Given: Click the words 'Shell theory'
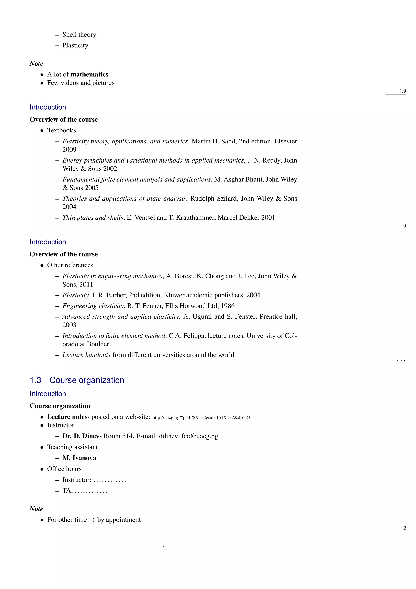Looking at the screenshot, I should pyautogui.click(x=79, y=35).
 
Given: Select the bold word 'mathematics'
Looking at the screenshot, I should pyautogui.click(x=89, y=74).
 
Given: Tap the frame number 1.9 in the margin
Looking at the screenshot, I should pyautogui.click(x=402, y=91).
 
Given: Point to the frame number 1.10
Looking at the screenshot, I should pyautogui.click(x=401, y=226).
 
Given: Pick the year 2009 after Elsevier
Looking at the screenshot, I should pyautogui.click(x=69, y=149).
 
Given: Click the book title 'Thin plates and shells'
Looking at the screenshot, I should pyautogui.click(x=93, y=218).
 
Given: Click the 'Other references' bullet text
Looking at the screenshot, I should pyautogui.click(x=70, y=265).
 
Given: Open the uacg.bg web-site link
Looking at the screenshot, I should pyautogui.click(x=201, y=417).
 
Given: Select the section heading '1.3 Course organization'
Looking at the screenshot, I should pyautogui.click(x=77, y=380).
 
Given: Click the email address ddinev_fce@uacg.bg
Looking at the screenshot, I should pyautogui.click(x=188, y=436).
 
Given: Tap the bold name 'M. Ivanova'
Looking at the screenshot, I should pyautogui.click(x=79, y=458).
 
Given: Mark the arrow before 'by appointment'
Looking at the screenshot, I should pyautogui.click(x=92, y=520).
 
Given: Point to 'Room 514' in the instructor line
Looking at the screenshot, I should pyautogui.click(x=118, y=436).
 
